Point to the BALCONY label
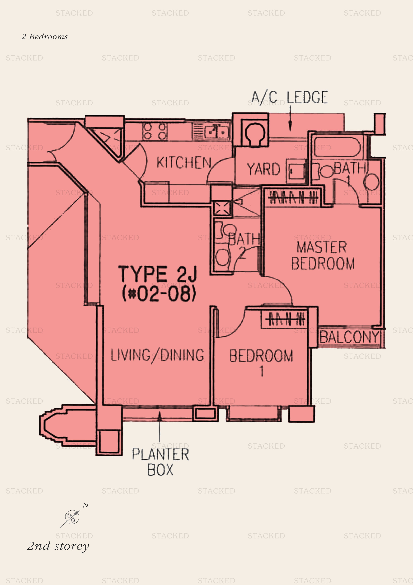349,337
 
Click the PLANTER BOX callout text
160,462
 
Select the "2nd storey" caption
58,546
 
